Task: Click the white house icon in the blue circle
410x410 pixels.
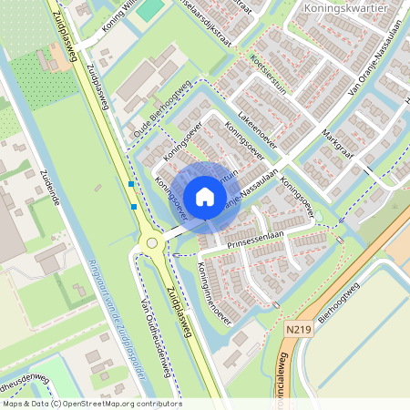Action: [x=205, y=196]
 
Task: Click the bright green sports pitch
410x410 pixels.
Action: [x=151, y=8]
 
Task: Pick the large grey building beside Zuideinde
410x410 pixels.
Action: [x=9, y=219]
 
